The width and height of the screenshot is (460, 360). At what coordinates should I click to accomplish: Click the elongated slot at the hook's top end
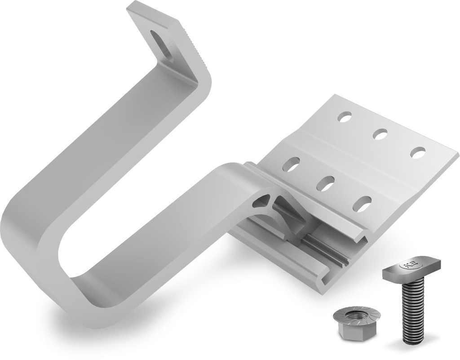[160, 44]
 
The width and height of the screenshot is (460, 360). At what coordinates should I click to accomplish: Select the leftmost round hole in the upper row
[345, 117]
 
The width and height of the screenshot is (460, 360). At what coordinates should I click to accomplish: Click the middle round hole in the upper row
[380, 134]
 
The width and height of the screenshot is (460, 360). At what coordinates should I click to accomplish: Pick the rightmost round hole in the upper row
[418, 152]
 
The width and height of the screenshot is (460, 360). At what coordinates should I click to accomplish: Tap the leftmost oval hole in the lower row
[291, 164]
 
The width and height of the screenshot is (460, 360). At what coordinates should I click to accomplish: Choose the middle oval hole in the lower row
[325, 183]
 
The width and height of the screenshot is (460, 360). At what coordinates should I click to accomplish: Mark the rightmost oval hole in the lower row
[362, 204]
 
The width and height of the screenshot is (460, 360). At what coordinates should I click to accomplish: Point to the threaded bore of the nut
[357, 315]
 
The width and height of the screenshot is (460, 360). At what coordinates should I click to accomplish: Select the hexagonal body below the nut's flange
[355, 333]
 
